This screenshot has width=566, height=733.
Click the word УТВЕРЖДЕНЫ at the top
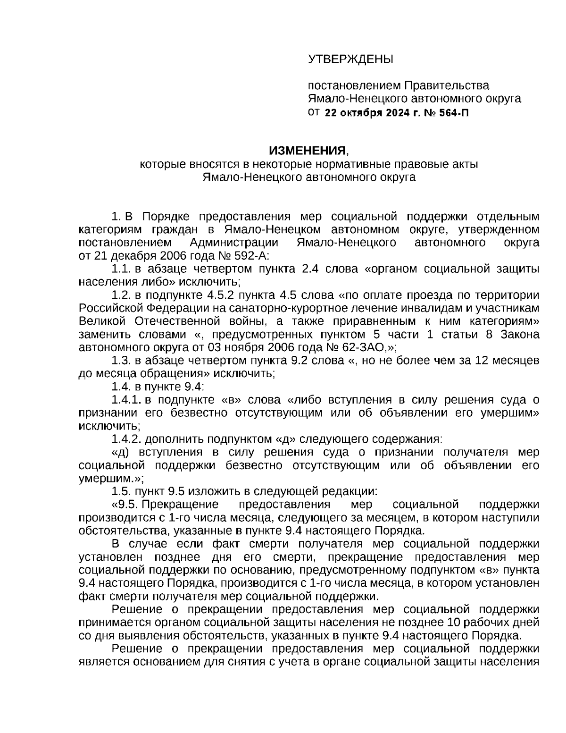click(x=350, y=59)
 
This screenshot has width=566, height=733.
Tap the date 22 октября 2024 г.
click(x=370, y=112)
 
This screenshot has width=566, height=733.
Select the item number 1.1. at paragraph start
click(x=121, y=270)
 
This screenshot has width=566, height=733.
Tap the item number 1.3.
click(x=121, y=361)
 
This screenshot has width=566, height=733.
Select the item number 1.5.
click(x=121, y=491)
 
